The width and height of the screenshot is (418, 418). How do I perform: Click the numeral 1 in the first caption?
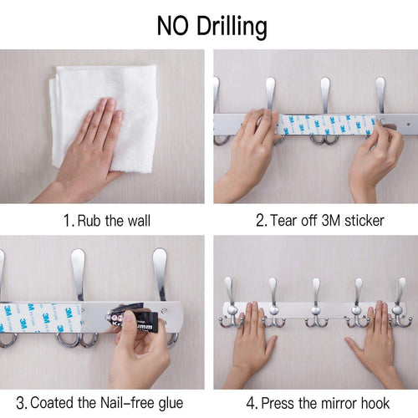click(x=67, y=221)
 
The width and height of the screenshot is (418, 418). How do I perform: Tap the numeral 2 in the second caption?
click(x=261, y=221)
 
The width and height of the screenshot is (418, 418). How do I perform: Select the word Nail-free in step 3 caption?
click(x=129, y=402)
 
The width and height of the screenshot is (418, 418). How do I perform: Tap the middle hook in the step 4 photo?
click(x=315, y=303)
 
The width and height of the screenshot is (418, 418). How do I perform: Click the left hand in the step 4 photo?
click(x=251, y=339)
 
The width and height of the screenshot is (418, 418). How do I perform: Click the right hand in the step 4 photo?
click(x=372, y=339)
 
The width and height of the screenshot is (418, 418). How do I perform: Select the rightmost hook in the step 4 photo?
click(x=400, y=303)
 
